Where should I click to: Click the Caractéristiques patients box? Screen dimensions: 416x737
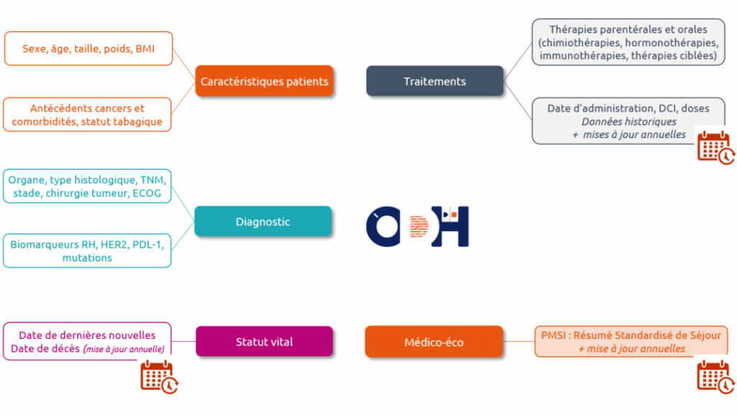(x=264, y=81)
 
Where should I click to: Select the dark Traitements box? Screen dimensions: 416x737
(x=435, y=81)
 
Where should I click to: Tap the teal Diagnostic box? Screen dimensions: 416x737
(x=263, y=222)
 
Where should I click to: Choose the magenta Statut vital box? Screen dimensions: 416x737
(x=264, y=342)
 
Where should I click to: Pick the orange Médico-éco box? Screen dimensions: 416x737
(x=434, y=342)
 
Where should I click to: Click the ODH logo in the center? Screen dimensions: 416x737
(x=417, y=226)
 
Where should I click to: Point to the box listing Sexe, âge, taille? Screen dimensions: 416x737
(x=88, y=49)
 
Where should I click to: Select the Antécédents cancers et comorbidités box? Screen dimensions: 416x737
(x=88, y=114)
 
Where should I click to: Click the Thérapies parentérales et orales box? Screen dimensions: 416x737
(x=628, y=42)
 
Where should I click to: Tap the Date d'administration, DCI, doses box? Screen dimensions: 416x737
(x=619, y=120)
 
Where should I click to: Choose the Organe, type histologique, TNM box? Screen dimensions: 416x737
(x=88, y=186)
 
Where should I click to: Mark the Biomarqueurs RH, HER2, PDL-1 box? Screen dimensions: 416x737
(x=87, y=250)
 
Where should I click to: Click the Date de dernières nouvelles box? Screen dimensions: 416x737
(x=87, y=341)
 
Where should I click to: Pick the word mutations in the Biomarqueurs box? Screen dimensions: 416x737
(x=87, y=258)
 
